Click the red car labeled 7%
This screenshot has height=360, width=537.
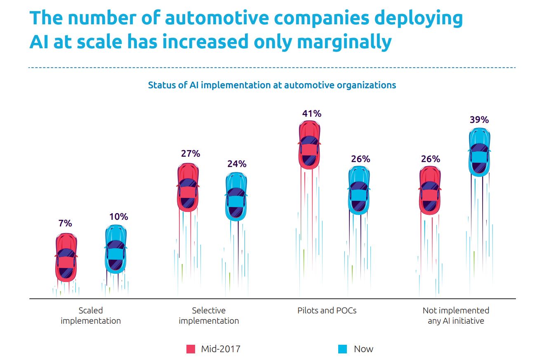66,257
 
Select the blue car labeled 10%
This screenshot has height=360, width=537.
115,249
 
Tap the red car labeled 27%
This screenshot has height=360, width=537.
188,187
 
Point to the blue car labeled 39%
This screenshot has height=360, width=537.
479,152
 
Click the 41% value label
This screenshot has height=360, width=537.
311,113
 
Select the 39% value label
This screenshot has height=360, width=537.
479,120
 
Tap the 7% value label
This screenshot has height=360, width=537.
65,224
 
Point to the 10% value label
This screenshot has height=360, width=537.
119,216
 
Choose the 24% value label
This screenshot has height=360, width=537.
237,164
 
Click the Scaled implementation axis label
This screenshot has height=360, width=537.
91,315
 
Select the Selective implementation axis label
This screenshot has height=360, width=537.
209,315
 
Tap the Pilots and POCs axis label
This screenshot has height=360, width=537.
327,311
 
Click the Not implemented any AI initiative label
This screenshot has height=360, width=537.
456,315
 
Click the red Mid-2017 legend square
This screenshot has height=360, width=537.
191,349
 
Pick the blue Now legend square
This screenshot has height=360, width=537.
342,349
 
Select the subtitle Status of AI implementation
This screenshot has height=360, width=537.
272,85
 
